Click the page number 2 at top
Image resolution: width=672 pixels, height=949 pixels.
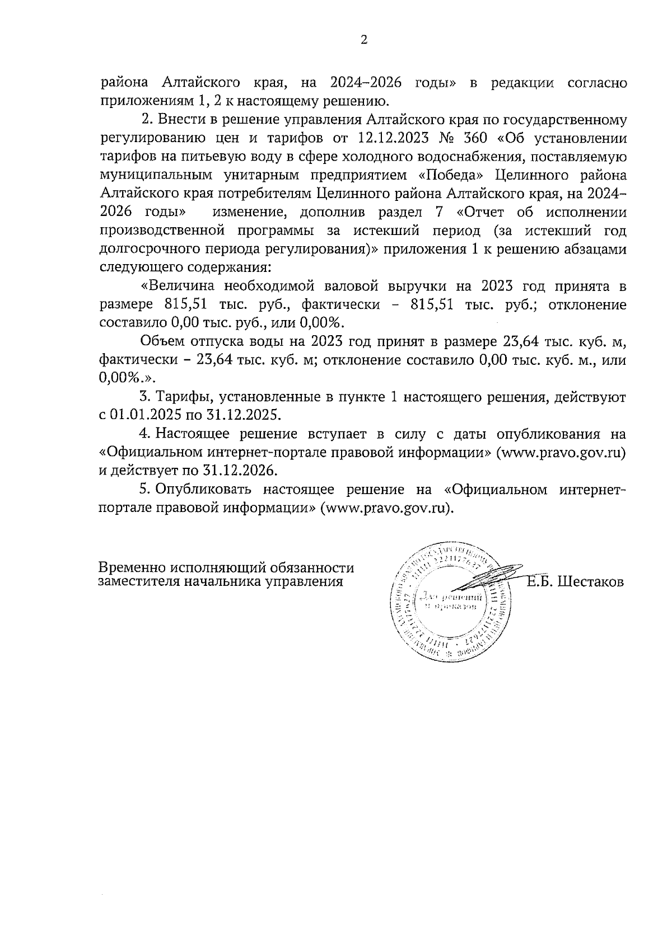[365, 40]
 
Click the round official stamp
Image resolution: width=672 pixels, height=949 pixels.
[450, 602]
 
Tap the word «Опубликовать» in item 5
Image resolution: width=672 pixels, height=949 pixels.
[202, 490]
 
